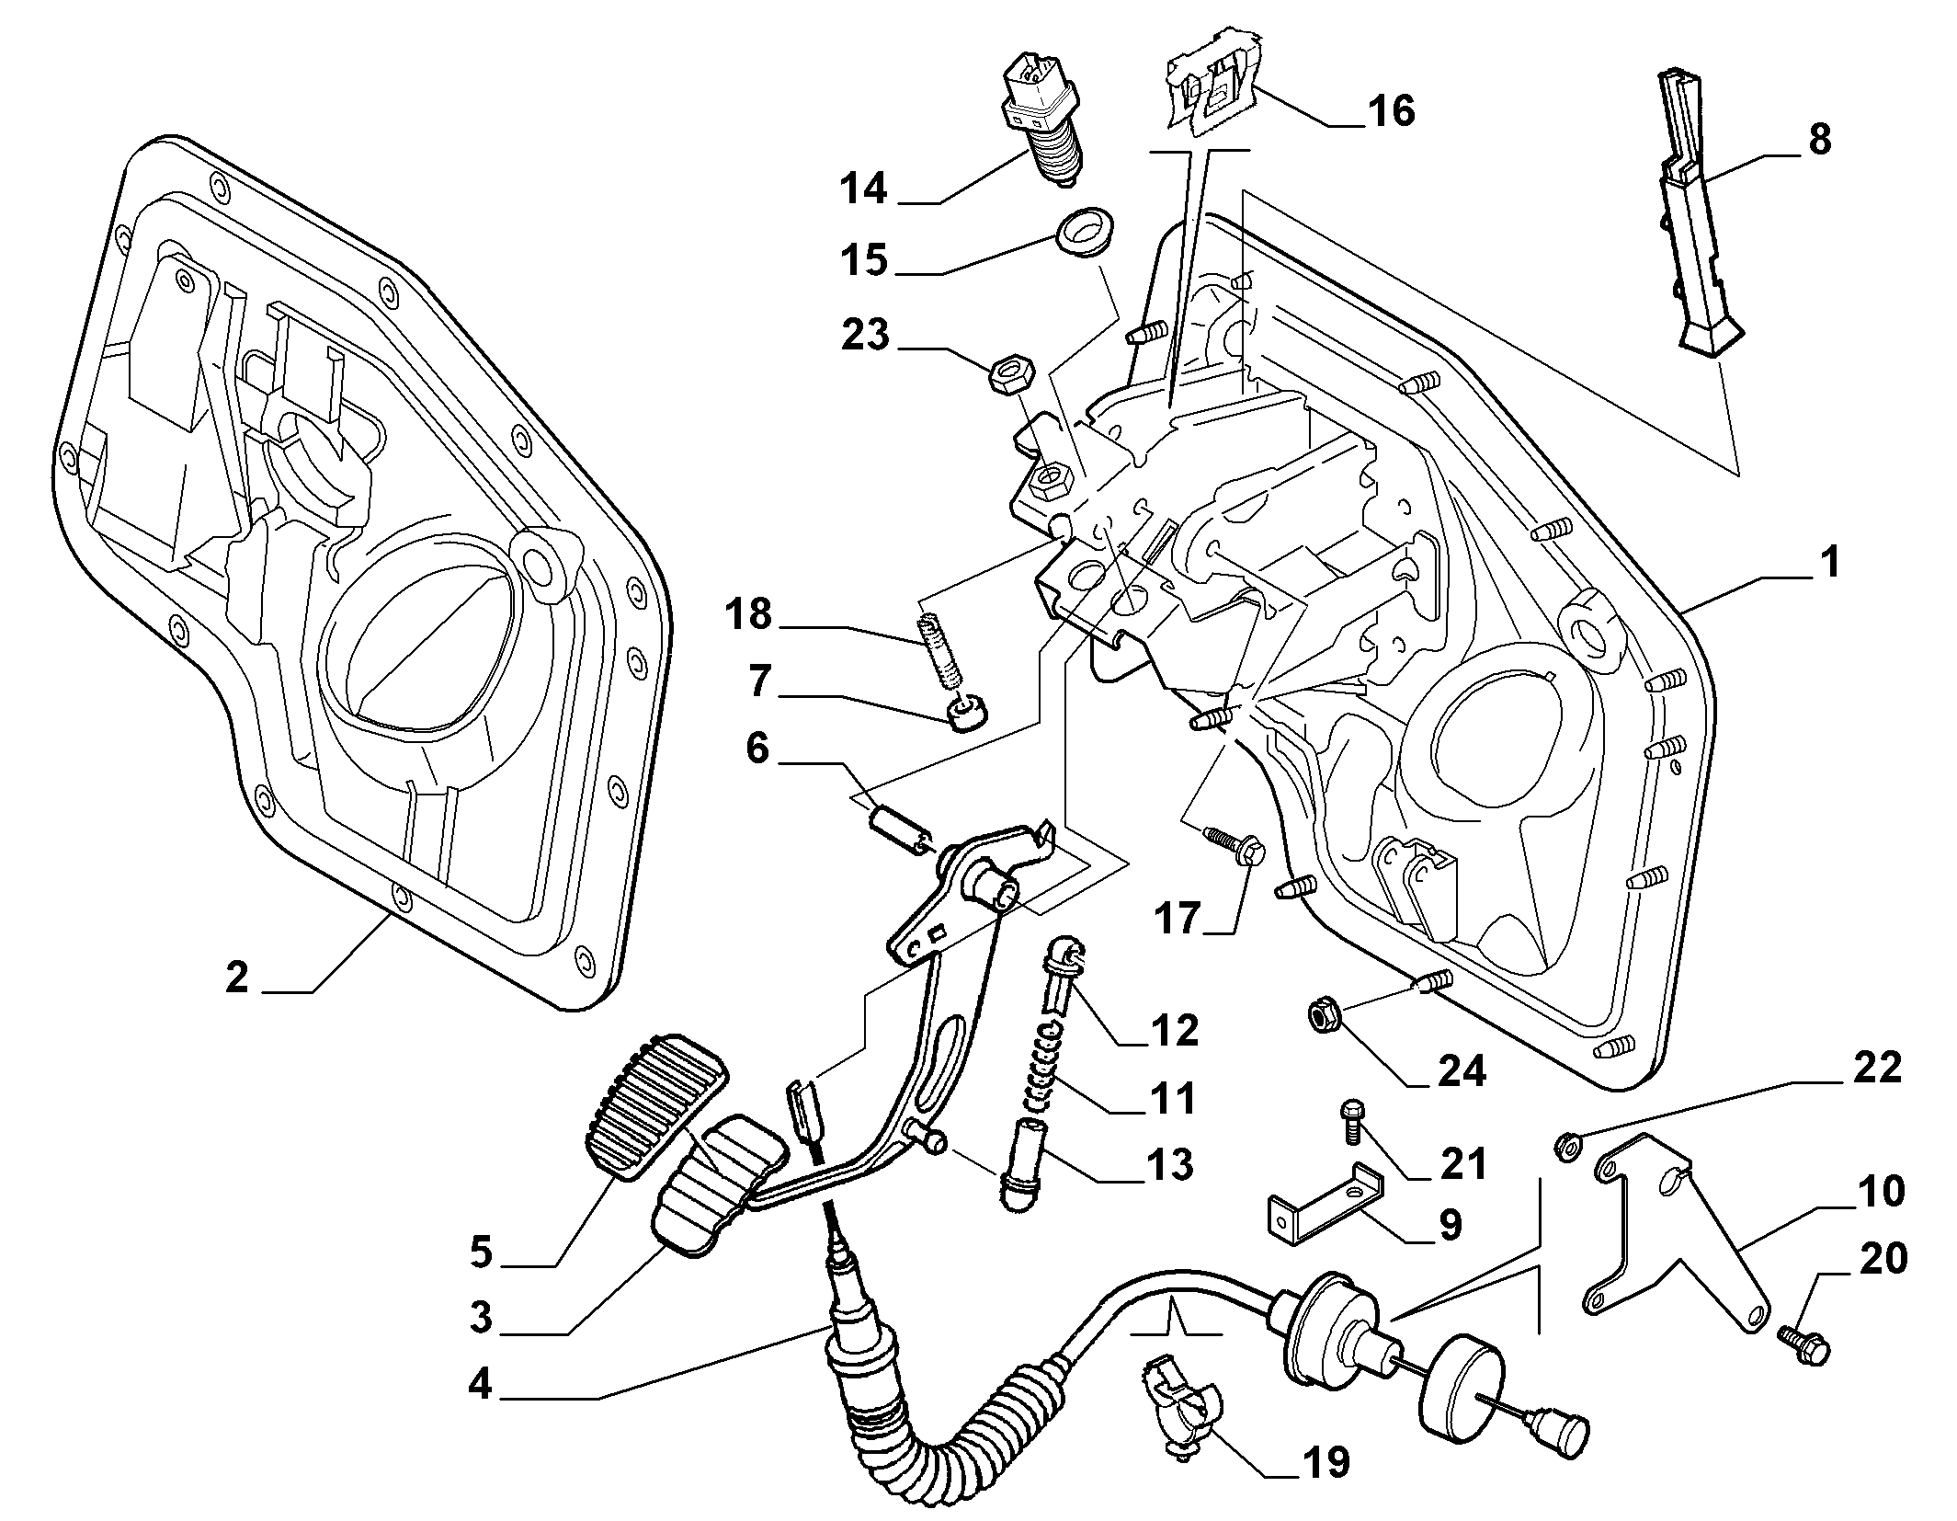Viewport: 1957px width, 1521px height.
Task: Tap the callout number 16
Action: pyautogui.click(x=1391, y=110)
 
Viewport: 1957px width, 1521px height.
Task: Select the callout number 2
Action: pyautogui.click(x=236, y=977)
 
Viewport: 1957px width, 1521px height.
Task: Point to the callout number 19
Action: pyautogui.click(x=1325, y=1461)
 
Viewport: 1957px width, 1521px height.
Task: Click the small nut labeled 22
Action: pyautogui.click(x=1568, y=1146)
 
